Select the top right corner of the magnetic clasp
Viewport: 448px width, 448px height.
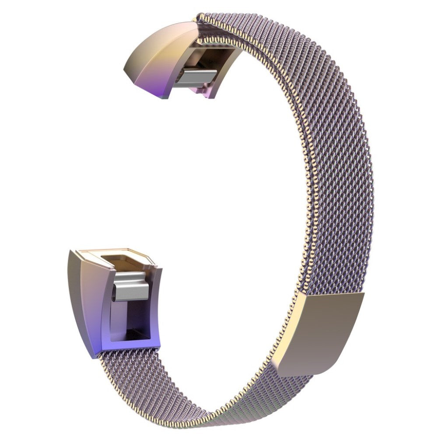pos(363,294)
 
